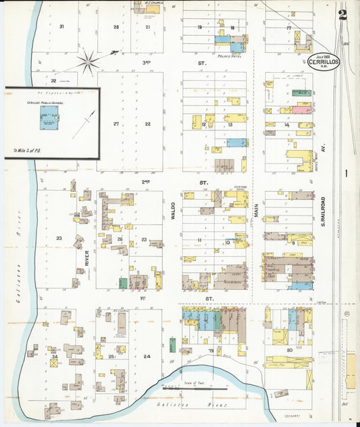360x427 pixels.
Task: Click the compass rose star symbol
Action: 88,62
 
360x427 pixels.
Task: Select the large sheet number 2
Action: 343,14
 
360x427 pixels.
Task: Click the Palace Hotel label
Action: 231,56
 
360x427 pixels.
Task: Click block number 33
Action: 59,238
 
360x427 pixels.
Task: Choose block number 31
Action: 61,26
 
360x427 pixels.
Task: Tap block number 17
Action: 288,28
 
